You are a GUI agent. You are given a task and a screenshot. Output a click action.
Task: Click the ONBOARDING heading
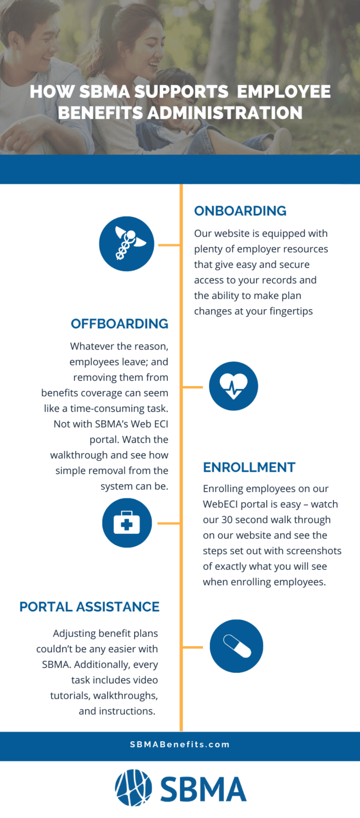tap(240, 211)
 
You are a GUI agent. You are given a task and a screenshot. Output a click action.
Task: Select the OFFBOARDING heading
tap(119, 324)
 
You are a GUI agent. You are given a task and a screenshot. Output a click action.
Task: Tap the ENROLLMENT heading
tap(249, 467)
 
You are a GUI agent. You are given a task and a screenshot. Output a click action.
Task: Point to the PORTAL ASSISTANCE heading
tap(89, 607)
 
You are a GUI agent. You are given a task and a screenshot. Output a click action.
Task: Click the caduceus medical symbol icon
tap(127, 244)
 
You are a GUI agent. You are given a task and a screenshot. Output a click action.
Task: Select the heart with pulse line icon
tap(233, 386)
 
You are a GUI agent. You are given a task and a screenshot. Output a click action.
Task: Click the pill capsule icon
tap(236, 646)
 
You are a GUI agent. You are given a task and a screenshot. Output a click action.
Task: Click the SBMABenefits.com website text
tap(180, 744)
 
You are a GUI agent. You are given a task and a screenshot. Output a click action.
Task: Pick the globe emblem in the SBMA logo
tap(133, 787)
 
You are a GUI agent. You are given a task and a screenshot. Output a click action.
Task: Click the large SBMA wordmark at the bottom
tap(203, 789)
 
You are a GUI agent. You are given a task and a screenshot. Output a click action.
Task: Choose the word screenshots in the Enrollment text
tap(309, 551)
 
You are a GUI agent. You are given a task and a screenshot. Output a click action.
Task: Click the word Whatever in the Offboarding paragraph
tap(91, 346)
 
